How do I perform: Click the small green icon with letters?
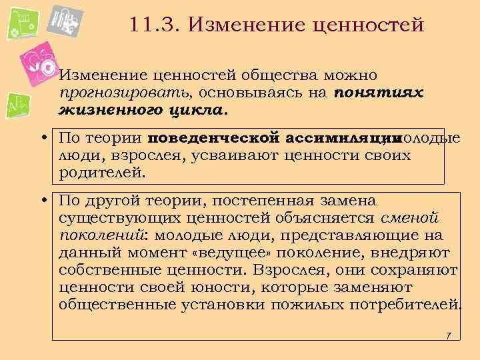pyautogui.click(x=16, y=105)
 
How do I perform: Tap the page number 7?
pyautogui.click(x=449, y=335)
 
